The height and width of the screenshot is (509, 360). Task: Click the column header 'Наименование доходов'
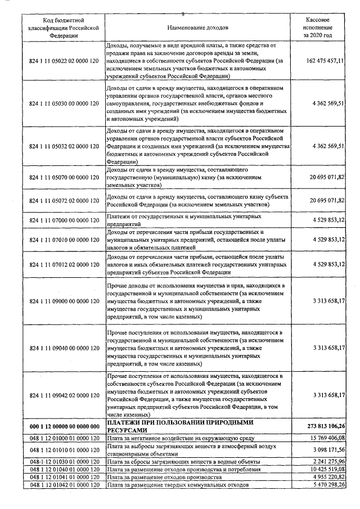(197, 27)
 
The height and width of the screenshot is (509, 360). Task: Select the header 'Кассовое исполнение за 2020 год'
(317, 27)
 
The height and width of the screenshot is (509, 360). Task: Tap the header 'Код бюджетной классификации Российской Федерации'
(64, 27)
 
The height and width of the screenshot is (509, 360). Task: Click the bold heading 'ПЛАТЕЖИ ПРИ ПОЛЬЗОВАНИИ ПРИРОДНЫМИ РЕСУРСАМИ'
(180, 426)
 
